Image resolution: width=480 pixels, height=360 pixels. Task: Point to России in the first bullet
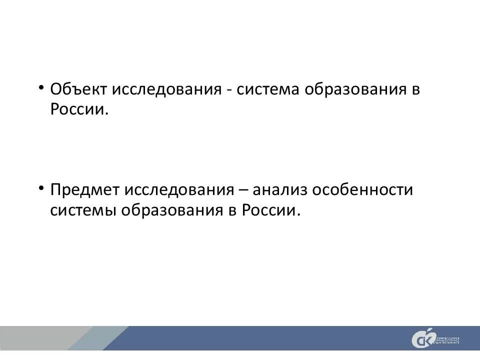[79, 109]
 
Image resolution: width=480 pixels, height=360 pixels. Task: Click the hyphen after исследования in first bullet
[229, 91]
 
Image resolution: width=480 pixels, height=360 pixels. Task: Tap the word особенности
[363, 190]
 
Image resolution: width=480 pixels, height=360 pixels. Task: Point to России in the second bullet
[271, 209]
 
